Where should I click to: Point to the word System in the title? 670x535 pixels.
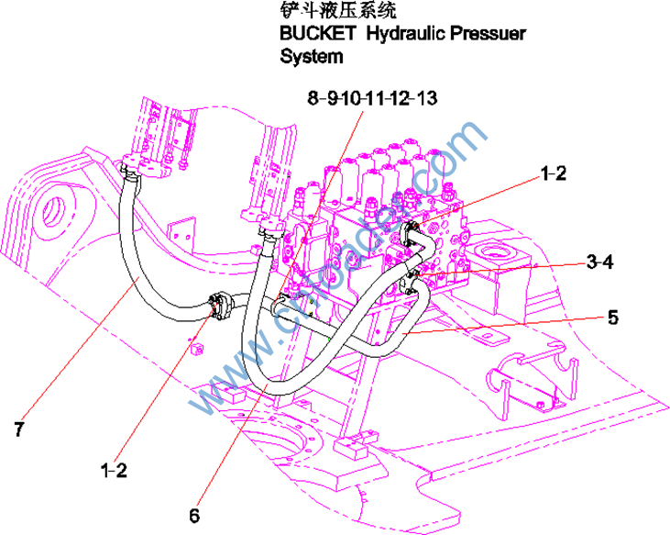312,57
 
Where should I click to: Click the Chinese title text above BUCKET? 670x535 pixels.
338,13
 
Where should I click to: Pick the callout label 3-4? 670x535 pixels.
599,262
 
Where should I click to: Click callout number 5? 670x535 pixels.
612,318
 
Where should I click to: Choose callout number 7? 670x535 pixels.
18,428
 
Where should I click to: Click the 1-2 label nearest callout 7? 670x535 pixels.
114,470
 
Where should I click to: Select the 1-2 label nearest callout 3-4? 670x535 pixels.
553,172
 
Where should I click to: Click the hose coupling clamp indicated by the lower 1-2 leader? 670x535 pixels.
220,306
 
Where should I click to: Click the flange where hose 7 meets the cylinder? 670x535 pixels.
132,167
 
